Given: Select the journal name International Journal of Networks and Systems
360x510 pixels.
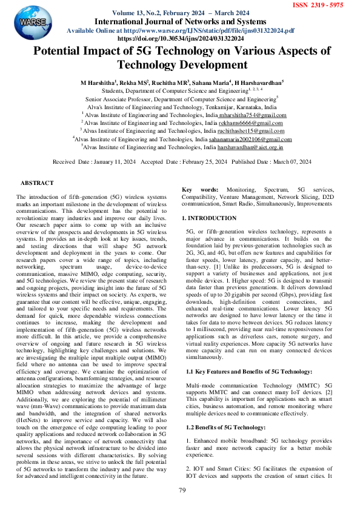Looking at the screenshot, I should tap(180, 21).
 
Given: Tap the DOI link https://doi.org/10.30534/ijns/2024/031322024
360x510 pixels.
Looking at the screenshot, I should tap(180, 38).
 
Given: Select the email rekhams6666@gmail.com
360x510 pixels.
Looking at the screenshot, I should tap(253, 122).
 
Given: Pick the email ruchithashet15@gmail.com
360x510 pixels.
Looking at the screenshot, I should tap(250, 130).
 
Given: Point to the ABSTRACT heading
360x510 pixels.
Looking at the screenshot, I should tap(37, 183).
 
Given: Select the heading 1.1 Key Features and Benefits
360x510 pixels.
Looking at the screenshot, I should tap(249, 371).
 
